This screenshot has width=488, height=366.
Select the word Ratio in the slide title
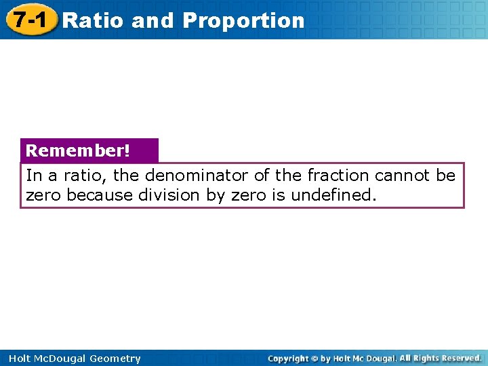[93, 20]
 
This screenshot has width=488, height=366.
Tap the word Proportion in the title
[243, 20]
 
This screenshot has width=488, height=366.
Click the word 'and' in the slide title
[152, 20]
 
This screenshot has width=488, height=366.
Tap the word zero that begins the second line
[42, 195]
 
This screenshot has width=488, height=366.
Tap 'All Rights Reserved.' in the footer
[441, 358]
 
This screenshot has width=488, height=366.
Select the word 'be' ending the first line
[446, 176]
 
